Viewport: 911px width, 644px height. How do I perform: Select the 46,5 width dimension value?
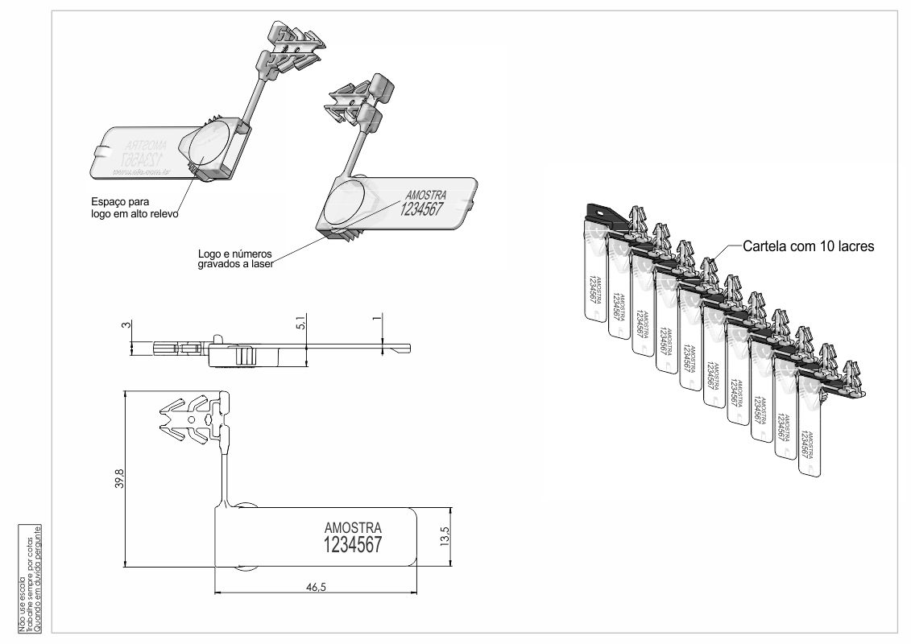[316, 587]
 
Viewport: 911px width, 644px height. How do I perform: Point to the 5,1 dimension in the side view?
[300, 324]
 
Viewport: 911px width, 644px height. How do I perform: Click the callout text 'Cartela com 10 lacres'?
[807, 246]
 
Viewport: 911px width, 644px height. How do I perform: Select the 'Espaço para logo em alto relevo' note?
[134, 208]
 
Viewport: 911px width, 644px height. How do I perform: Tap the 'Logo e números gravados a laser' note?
[236, 258]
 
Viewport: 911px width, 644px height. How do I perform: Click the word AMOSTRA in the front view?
[352, 527]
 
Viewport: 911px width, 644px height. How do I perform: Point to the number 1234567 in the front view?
[352, 545]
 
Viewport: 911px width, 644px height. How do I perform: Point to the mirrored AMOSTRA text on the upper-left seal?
[146, 146]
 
